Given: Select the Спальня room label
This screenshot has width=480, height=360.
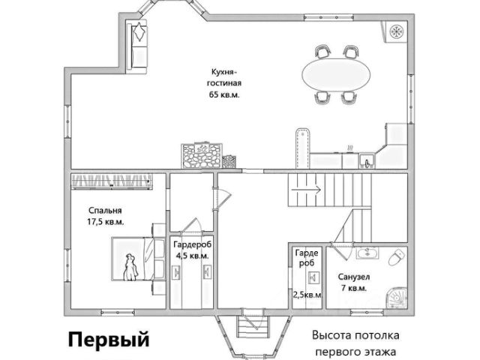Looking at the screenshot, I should pos(104,211).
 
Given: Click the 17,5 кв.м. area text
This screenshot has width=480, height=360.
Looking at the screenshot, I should pos(106,222).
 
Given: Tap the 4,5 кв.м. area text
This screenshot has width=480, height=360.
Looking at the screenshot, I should pos(191,256).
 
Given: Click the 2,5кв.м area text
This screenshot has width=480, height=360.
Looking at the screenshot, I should pos(307,295).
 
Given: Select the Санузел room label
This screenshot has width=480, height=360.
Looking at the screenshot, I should pos(352,276).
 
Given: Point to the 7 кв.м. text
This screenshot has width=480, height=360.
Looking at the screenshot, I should pos(352,288).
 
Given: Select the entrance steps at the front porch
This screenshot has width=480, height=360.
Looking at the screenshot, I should pos(248,328).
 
